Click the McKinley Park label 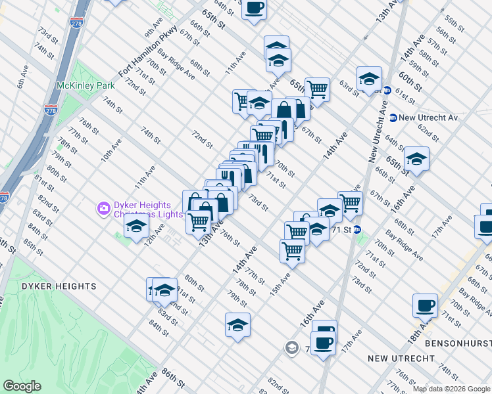86,85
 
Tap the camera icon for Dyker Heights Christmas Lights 104,209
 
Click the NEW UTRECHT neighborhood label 401,359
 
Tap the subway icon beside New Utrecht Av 393,118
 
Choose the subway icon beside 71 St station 357,229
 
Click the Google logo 22,386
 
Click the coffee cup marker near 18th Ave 425,305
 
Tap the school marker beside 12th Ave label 136,227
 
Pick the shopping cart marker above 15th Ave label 291,250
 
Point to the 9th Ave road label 153,29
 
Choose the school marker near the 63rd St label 369,79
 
